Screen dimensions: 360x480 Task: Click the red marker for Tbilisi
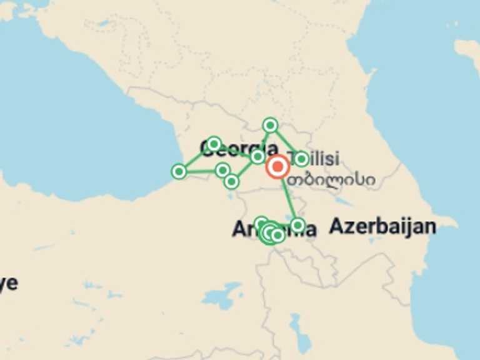coord(277,167)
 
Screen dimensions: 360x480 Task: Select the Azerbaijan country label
coord(382,226)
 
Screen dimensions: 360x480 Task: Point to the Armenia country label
coord(274,229)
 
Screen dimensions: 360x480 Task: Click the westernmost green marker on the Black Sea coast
coord(179,171)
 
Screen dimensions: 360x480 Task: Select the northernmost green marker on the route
coord(270,125)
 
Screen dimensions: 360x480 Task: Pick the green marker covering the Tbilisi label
coord(301,159)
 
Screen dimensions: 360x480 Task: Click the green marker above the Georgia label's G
coord(214,144)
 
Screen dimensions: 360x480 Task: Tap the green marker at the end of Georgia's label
coord(257,156)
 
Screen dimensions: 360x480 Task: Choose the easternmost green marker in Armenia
coord(297,224)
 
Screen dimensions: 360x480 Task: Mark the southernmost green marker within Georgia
coord(231,181)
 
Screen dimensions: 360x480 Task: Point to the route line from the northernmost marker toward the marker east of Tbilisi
coord(286,142)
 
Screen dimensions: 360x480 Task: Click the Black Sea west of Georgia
coord(75,125)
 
